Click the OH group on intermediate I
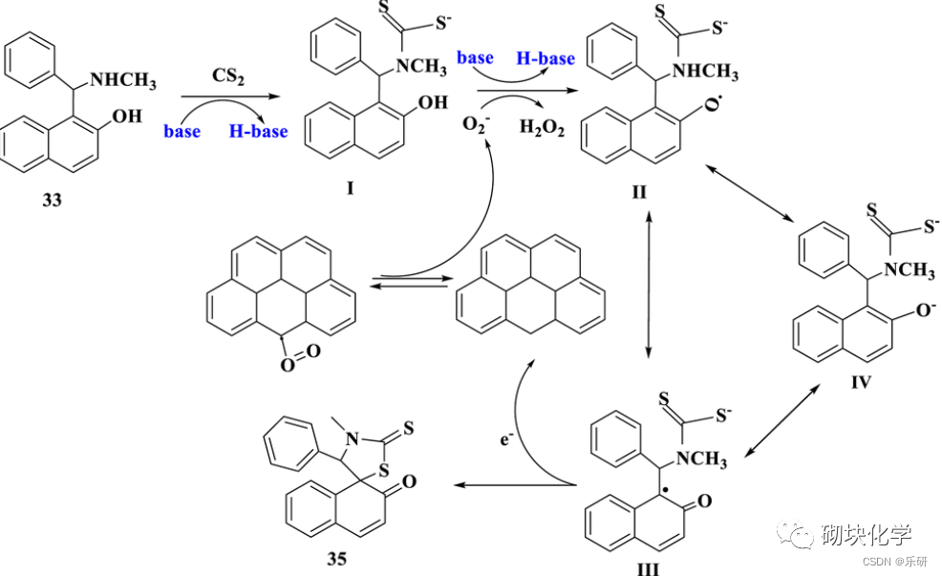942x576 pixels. click(x=433, y=102)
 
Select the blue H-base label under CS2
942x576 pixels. click(x=258, y=132)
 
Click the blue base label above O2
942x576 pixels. click(x=474, y=58)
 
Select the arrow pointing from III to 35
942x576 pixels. click(x=515, y=485)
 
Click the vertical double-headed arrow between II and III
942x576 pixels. click(x=650, y=287)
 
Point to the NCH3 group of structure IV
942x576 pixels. click(x=908, y=271)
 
